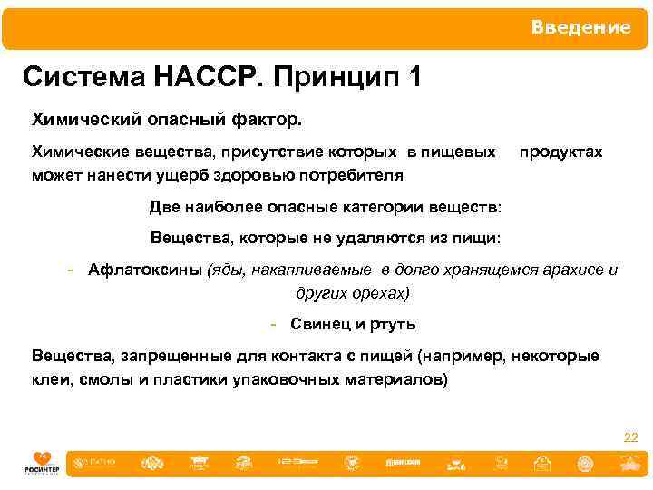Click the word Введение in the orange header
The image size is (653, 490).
(580, 28)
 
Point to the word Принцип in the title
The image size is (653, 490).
(336, 78)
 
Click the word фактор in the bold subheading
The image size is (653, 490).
(271, 119)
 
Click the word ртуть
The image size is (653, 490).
(395, 324)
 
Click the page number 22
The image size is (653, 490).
(630, 437)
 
